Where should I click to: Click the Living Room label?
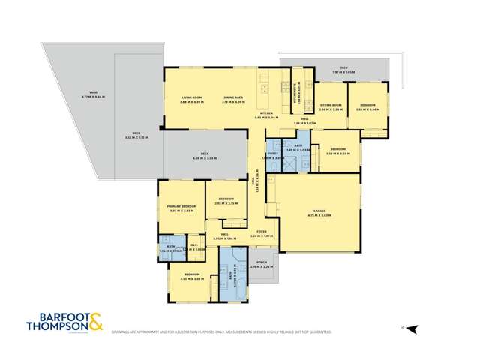pos(192,97)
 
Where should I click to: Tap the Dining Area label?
pos(234,97)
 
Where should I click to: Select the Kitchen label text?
pos(266,114)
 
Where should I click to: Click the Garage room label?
pos(319,212)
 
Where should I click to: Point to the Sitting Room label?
pos(331,105)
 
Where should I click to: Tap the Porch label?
pos(262,262)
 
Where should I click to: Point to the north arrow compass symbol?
pos(410,328)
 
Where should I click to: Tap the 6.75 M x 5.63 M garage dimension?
pos(319,216)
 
